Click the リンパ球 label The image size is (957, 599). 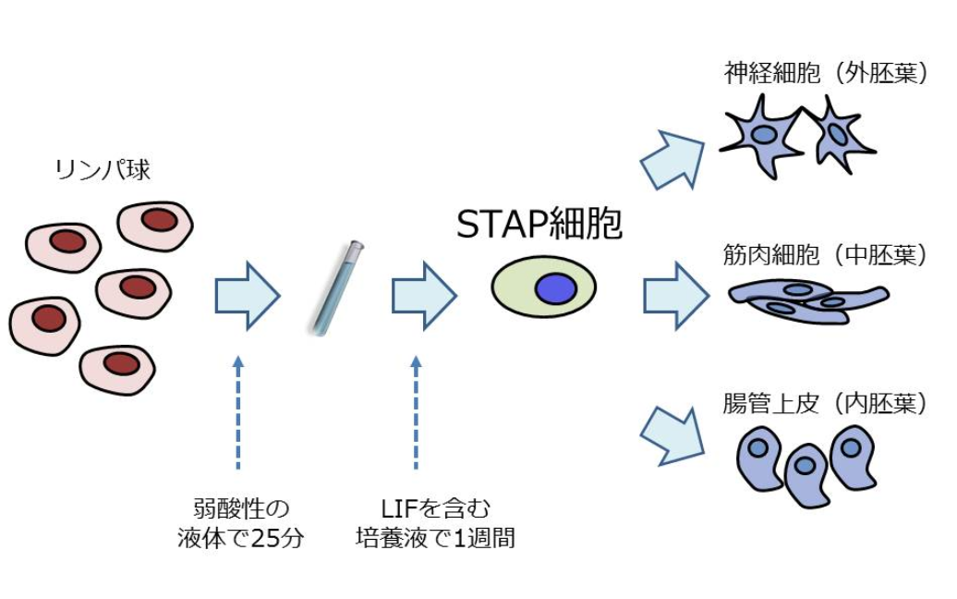tap(103, 170)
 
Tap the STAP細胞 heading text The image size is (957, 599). tap(539, 225)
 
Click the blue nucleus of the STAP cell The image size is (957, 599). tap(555, 288)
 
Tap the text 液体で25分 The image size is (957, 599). tap(240, 539)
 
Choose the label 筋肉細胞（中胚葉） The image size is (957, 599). tap(825, 255)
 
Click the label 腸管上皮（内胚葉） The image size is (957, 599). tap(825, 404)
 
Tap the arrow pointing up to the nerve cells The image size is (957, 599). tap(672, 159)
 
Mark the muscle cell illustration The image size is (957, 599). tap(806, 299)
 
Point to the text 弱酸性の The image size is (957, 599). tap(240, 508)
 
